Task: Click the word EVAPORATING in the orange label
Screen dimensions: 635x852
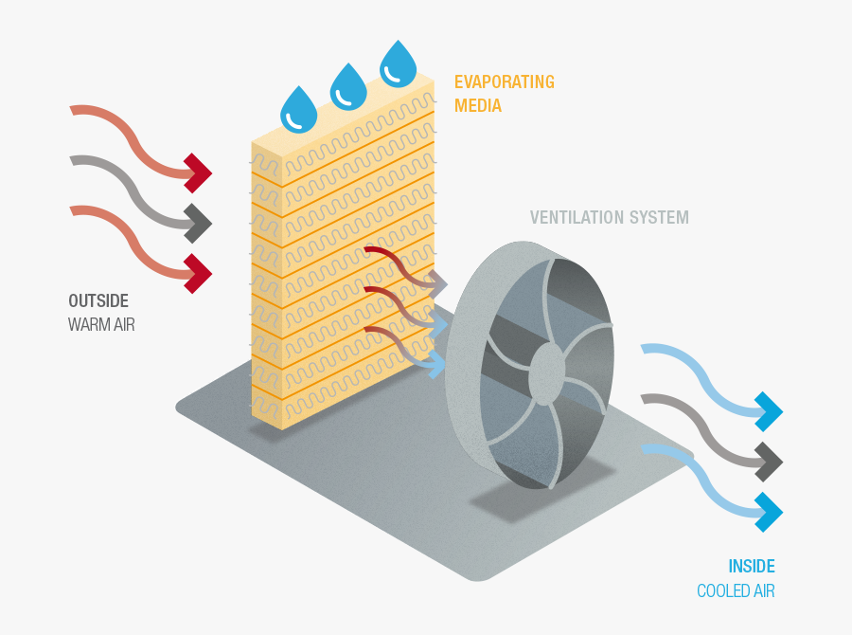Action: tap(504, 82)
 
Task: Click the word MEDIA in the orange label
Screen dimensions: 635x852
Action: tap(478, 106)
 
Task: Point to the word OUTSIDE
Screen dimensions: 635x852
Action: tap(98, 300)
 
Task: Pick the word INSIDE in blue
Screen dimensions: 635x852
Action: tap(751, 567)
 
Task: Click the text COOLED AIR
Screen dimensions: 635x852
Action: tap(736, 591)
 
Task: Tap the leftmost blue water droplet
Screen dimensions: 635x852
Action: tap(299, 110)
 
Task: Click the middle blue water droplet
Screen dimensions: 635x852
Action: tap(348, 88)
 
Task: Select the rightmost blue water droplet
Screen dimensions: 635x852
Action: tap(398, 64)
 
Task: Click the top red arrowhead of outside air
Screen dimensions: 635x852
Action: tap(198, 172)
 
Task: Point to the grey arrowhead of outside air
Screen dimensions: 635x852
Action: tap(198, 224)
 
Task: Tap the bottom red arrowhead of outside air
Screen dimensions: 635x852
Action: tap(198, 274)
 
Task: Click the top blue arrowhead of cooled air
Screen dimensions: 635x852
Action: tap(769, 412)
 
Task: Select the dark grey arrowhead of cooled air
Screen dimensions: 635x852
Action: tap(769, 462)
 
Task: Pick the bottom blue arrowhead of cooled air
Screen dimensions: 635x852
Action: tap(769, 512)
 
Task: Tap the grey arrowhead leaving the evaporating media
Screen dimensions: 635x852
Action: tap(437, 281)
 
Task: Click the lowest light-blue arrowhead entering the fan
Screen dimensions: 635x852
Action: tap(437, 364)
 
